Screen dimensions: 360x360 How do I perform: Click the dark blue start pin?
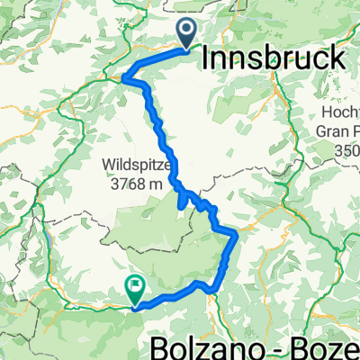pos(188,33)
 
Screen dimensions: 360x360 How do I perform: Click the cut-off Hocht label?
pos(340,113)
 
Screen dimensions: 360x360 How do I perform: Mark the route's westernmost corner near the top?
pos(123,79)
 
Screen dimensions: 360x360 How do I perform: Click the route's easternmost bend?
pos(236,234)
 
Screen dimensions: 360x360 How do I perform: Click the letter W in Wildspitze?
pos(109,166)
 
